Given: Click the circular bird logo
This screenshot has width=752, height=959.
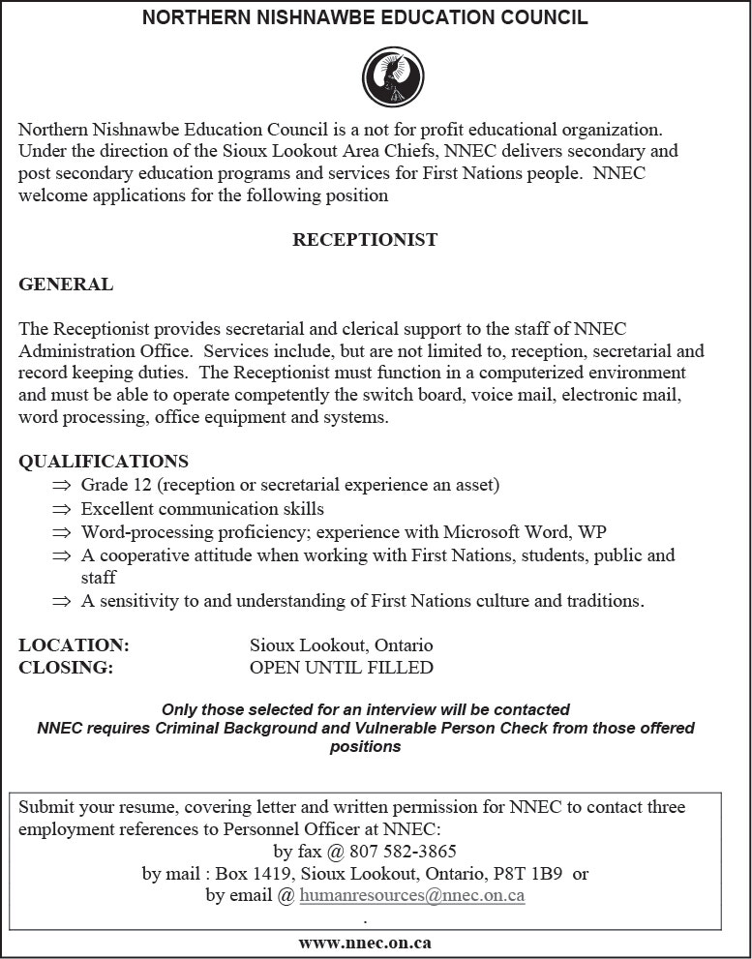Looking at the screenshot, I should click(392, 77).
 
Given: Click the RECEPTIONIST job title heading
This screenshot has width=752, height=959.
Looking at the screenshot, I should click(365, 240).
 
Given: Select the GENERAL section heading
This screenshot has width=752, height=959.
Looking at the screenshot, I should click(66, 285).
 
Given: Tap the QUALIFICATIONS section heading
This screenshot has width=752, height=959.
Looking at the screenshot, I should click(104, 462).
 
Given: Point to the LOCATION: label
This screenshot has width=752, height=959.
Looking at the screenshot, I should click(74, 644).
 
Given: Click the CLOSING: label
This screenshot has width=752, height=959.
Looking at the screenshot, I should click(66, 667).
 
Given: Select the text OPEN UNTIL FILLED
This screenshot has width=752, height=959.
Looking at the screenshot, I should click(341, 667).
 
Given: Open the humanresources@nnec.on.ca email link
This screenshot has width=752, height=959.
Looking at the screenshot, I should click(412, 895).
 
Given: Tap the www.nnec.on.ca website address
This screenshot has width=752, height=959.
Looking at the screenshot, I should click(365, 943).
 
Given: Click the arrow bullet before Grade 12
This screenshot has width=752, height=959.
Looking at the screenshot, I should click(62, 485).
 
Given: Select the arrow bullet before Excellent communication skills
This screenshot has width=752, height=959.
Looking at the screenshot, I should click(62, 509).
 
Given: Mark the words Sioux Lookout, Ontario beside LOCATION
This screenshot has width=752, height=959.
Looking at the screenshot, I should click(341, 644).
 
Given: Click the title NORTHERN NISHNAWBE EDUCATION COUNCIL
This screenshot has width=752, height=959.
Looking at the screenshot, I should click(365, 18).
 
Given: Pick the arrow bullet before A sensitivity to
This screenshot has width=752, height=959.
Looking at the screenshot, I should click(62, 602).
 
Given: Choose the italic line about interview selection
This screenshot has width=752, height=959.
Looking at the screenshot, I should click(365, 709).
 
